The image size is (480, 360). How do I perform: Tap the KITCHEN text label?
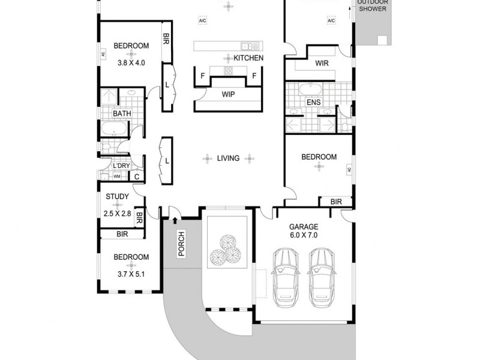click(x=248, y=58)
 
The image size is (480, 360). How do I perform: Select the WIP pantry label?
click(x=228, y=94)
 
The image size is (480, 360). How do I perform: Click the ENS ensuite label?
click(x=313, y=102)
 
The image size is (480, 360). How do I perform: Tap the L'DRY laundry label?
click(x=122, y=166)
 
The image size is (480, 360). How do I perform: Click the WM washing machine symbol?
click(x=117, y=176)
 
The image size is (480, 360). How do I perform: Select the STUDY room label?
click(x=117, y=196)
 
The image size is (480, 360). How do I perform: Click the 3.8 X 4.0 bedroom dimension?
click(x=131, y=62)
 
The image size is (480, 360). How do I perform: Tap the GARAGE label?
click(x=304, y=227)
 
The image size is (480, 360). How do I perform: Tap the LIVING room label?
click(x=228, y=158)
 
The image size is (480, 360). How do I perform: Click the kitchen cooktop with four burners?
click(x=228, y=71)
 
